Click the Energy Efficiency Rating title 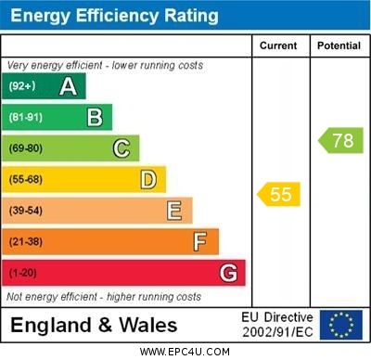click(114, 16)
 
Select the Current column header click(278, 45)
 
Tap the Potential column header click(339, 45)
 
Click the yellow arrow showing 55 click(278, 195)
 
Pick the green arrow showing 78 click(340, 141)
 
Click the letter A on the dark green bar click(68, 86)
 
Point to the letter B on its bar click(95, 117)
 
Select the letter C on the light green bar click(122, 148)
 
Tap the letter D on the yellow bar click(148, 179)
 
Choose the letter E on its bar click(174, 211)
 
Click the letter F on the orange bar click(200, 241)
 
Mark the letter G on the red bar click(228, 273)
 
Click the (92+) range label click(22, 86)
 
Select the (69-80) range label click(26, 148)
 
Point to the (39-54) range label click(26, 211)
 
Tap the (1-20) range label click(23, 273)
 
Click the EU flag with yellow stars click(341, 325)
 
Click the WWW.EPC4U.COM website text click(185, 352)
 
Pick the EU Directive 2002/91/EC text click(277, 325)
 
